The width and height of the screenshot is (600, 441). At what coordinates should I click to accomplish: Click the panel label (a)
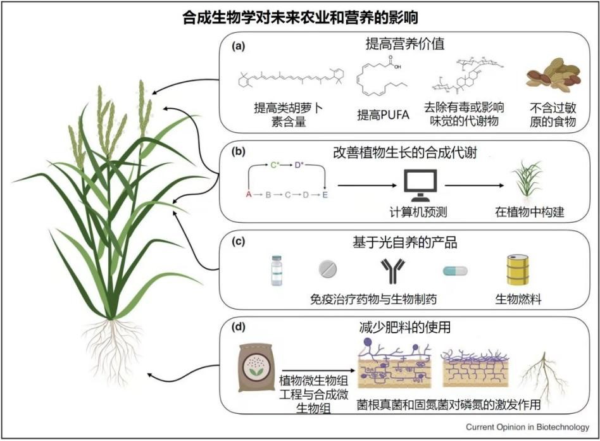[239, 46]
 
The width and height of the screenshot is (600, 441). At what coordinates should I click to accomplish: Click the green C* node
[275, 166]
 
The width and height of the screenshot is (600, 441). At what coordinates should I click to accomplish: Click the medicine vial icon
[276, 270]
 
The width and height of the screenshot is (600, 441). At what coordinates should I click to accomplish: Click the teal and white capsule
[454, 270]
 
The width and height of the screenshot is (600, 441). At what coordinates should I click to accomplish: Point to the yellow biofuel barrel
[518, 271]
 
